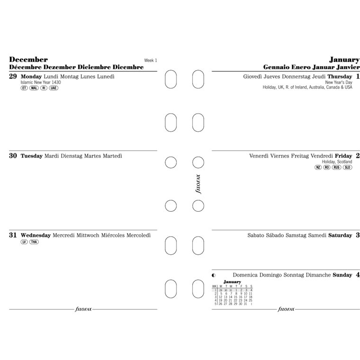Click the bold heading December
(28, 60)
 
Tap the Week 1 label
(150, 60)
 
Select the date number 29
(13, 76)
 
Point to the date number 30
(13, 155)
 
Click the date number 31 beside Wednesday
(13, 234)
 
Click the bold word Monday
(32, 76)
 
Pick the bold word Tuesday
(32, 155)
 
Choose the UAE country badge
(54, 88)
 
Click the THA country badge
(34, 242)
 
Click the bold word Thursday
(340, 76)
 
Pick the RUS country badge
(336, 167)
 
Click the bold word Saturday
(340, 235)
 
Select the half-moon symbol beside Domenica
(214, 275)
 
